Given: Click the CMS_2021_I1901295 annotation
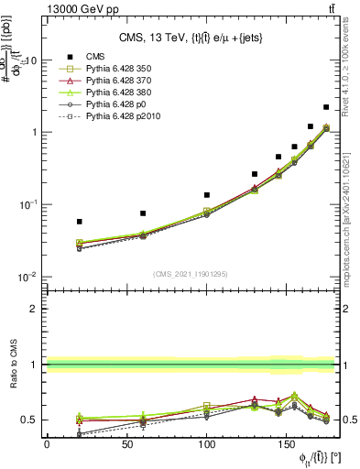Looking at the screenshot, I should tap(191, 274).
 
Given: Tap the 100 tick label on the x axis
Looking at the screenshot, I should tap(207, 445).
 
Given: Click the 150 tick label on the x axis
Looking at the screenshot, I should tap(287, 445).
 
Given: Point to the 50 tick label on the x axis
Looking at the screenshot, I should tap(126, 445).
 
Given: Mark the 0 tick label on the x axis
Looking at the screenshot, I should tap(47, 445).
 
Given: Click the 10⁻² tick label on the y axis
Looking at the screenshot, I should tap(25, 277).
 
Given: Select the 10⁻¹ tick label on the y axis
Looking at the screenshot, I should tap(25, 204).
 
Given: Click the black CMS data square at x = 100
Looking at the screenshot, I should tap(207, 195).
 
